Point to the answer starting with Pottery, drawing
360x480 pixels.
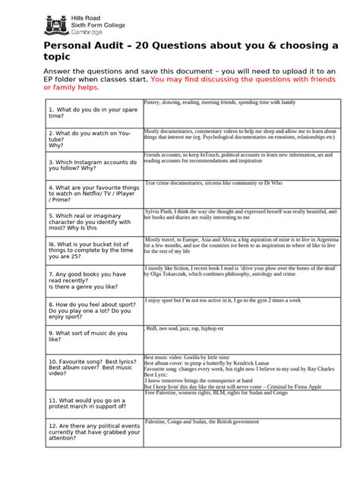220,102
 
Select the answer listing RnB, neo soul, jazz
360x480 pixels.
185,329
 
